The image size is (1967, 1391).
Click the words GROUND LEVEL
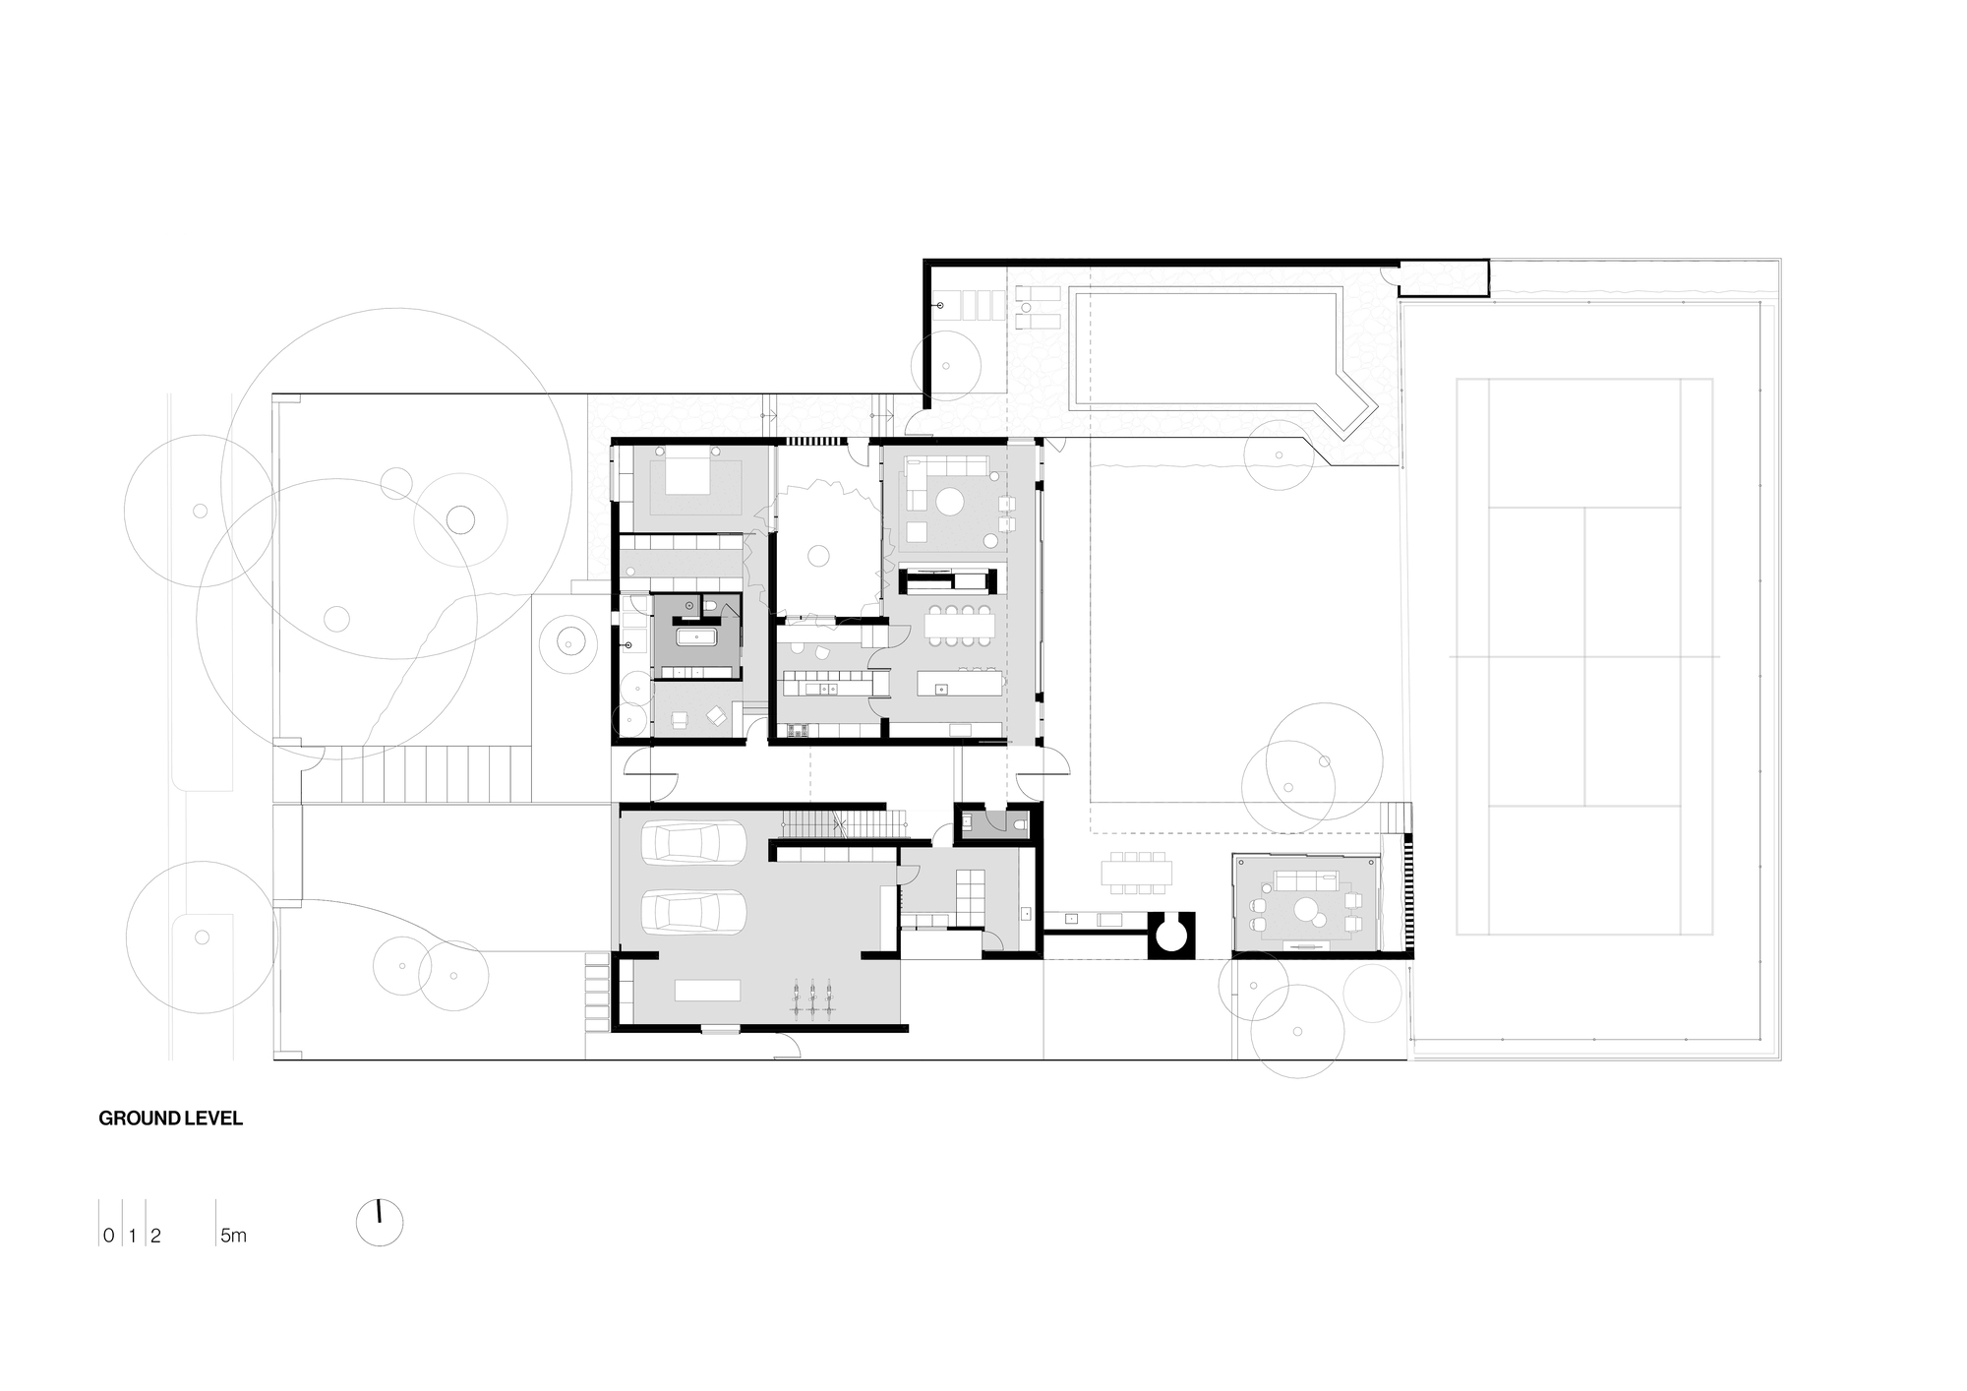[170, 1119]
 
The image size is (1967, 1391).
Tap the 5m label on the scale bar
[233, 1237]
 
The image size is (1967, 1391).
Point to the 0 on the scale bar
[107, 1237]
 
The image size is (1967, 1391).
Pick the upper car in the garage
[693, 843]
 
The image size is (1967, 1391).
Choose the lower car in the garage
[693, 911]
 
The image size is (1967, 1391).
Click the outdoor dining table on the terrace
[1137, 873]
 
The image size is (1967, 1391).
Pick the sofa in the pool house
[1307, 878]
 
